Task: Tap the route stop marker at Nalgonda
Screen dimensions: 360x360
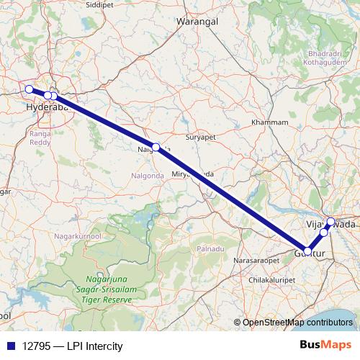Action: point(156,147)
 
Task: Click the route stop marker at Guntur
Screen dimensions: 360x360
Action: point(307,251)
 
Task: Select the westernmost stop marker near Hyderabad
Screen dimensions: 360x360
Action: point(29,89)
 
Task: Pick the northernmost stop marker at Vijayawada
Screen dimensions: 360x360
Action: point(330,221)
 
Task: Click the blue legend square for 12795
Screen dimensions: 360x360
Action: point(7,346)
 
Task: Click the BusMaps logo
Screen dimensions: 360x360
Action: point(325,346)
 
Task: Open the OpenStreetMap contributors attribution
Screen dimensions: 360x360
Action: point(297,323)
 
